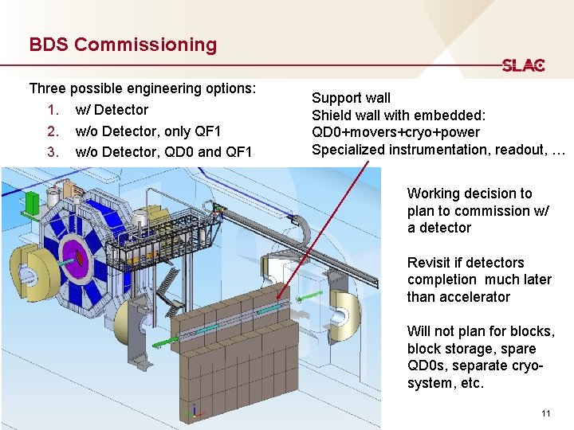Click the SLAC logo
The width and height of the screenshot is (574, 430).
tap(523, 65)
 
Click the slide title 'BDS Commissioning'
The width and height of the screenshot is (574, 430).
tap(123, 45)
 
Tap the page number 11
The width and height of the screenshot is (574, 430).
tap(545, 413)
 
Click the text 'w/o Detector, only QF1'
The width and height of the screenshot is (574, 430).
tap(147, 131)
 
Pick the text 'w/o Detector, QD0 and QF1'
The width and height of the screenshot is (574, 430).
tap(163, 151)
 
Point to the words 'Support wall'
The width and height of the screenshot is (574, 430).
tap(351, 98)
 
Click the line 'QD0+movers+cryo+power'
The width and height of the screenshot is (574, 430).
tap(395, 132)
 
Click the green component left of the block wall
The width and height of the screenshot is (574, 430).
tap(163, 343)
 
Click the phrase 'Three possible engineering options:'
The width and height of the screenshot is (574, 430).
tap(142, 88)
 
